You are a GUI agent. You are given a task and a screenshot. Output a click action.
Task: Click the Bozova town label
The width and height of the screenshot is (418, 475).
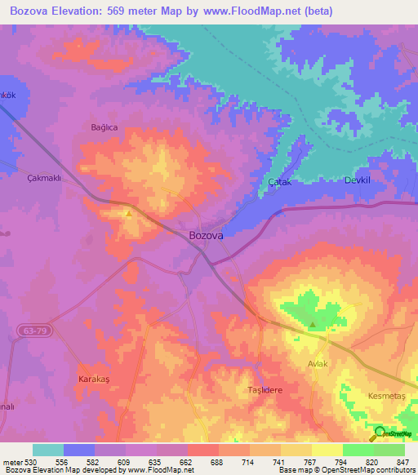pos(206,235)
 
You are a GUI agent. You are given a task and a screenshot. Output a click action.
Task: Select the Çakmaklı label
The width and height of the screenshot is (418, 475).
pos(45,179)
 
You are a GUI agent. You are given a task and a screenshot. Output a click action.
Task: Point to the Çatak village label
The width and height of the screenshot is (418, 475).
pos(280,183)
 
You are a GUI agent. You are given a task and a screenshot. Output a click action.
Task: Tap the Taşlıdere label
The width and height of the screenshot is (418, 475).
pos(265,390)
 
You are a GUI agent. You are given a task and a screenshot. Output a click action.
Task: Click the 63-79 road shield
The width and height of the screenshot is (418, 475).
pos(31,331)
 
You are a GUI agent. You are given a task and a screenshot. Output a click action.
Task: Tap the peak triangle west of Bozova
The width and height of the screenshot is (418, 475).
pos(129,214)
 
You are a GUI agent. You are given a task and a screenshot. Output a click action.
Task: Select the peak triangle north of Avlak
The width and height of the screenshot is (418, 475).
pos(313,324)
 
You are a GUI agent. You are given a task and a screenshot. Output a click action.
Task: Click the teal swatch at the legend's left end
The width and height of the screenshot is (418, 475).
pos(48,450)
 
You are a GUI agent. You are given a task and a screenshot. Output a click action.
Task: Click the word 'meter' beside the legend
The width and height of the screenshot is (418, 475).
pos(13,461)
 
